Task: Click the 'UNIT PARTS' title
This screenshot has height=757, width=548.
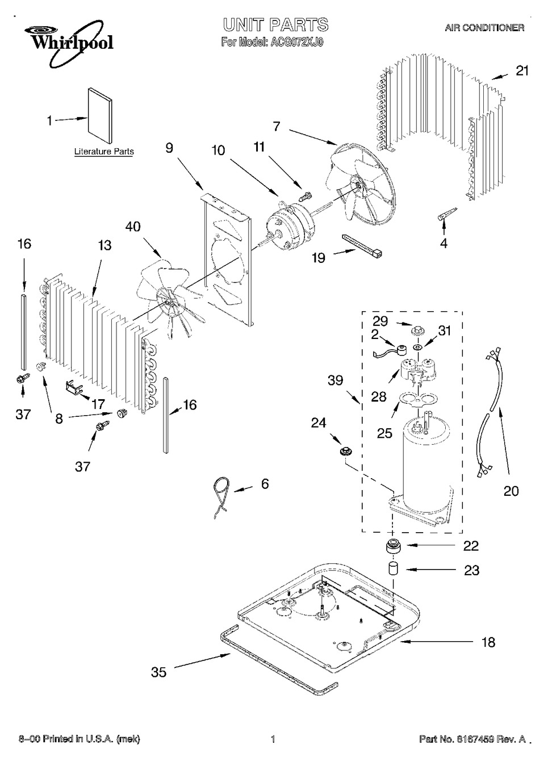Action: point(275,24)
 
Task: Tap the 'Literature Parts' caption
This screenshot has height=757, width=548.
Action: point(104,152)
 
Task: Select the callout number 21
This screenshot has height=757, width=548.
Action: point(522,70)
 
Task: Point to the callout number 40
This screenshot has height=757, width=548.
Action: point(133,227)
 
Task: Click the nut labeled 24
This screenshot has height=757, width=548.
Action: point(345,450)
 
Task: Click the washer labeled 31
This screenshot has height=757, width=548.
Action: point(417,347)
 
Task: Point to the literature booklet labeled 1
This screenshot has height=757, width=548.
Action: point(100,116)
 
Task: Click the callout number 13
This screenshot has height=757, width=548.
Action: point(104,246)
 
